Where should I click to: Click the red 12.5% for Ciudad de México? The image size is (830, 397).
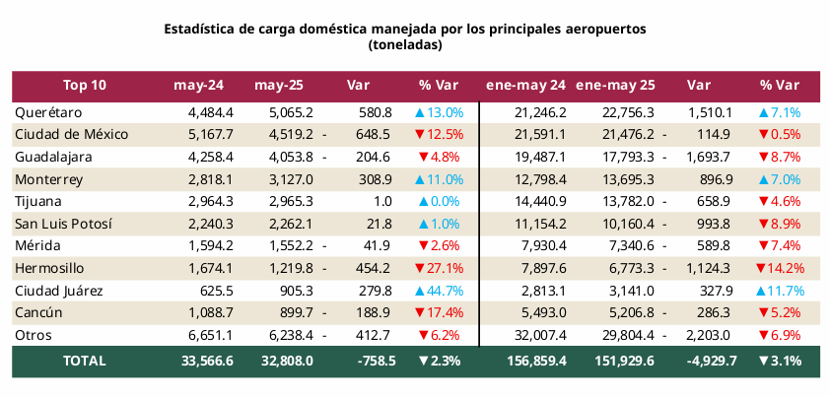(439, 134)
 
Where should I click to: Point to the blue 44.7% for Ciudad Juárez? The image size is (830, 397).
(439, 291)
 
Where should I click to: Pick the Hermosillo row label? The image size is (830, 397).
(50, 268)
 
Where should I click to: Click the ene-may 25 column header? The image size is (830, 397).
(616, 85)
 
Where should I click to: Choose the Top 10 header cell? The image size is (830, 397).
(84, 85)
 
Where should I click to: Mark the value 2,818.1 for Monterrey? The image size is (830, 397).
(210, 179)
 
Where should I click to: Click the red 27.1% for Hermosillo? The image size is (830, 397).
(439, 268)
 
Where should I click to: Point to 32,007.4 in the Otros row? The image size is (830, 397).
(540, 335)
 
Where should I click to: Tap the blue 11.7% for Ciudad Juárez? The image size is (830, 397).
(780, 291)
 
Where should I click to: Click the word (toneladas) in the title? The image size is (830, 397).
(404, 45)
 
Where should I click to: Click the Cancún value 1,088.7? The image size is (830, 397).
(210, 312)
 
